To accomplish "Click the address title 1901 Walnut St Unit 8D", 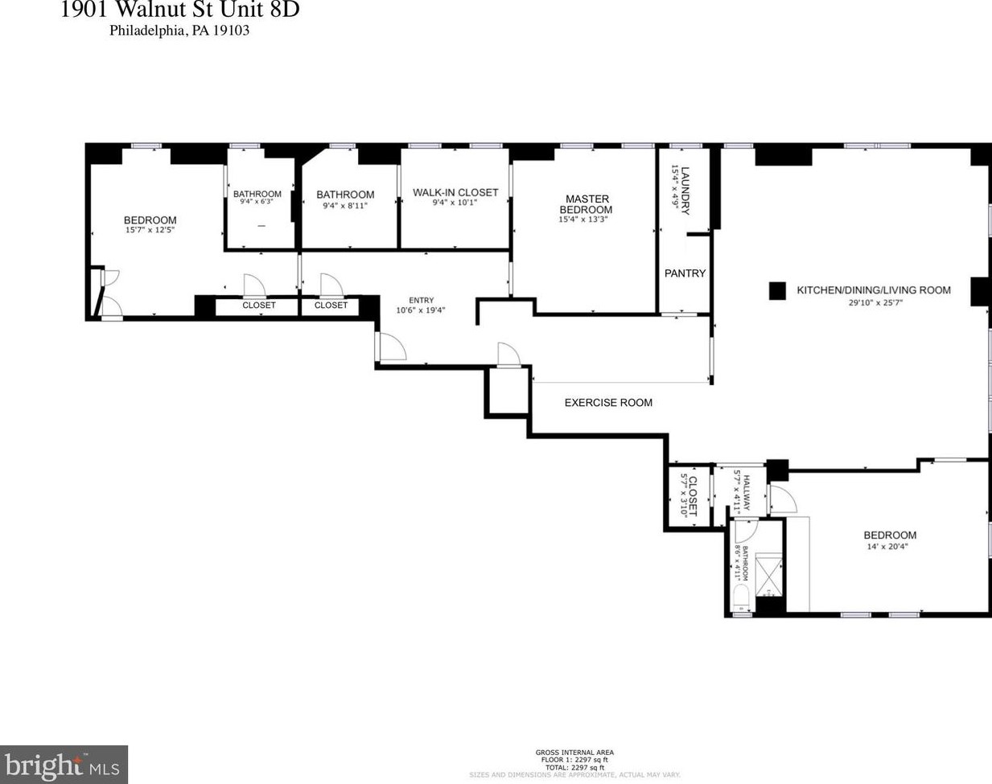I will click(179, 10).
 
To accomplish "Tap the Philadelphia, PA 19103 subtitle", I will click(179, 31).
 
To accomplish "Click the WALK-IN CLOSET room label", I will click(455, 192).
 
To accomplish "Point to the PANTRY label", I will click(685, 273).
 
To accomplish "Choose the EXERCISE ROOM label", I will click(608, 403).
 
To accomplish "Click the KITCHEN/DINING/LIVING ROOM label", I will click(873, 290).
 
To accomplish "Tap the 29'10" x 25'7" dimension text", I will click(876, 303).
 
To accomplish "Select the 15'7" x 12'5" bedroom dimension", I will click(150, 230).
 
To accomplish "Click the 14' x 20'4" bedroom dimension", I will click(890, 547).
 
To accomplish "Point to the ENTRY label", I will click(421, 300).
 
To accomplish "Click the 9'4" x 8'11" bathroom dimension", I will click(345, 206).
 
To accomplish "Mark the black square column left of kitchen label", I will click(777, 291).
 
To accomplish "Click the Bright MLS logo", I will click(64, 765).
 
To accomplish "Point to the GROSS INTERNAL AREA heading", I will click(574, 753).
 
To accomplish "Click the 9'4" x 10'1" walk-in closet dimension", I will click(455, 203).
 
